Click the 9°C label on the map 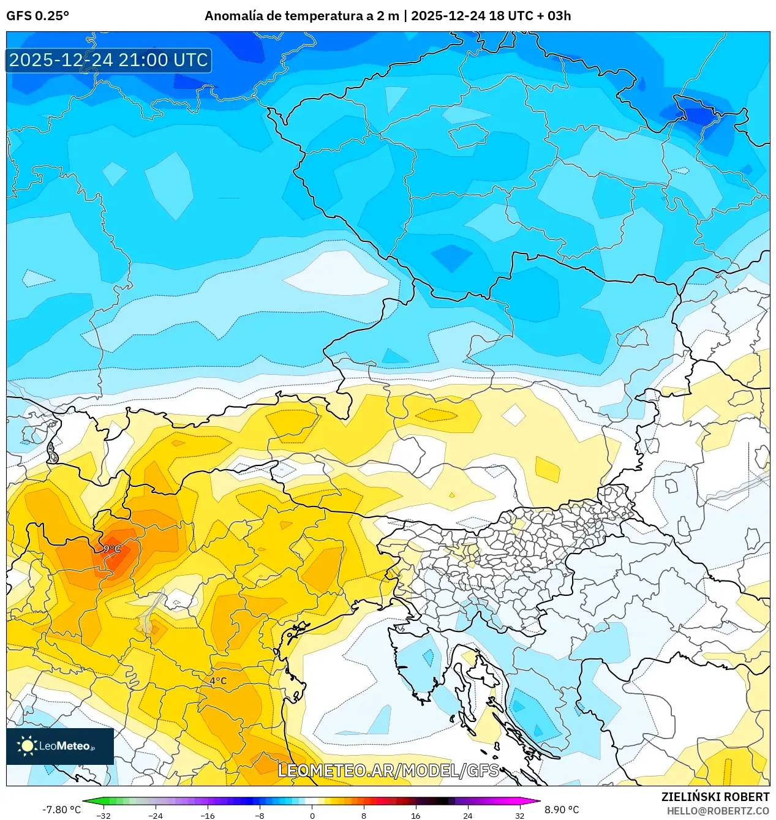(x=112, y=549)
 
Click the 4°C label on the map (x=218, y=681)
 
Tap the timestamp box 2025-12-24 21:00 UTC (x=109, y=60)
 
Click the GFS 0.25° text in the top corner (x=37, y=16)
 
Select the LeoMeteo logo (x=60, y=746)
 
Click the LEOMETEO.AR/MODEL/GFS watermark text (x=388, y=770)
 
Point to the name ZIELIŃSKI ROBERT (x=715, y=797)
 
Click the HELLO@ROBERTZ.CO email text (x=718, y=811)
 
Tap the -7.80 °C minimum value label (x=61, y=810)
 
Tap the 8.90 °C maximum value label (x=562, y=810)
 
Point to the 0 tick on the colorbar (x=312, y=816)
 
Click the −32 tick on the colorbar (x=104, y=816)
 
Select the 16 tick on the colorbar (x=416, y=816)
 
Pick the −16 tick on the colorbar (x=208, y=816)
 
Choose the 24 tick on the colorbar (x=468, y=816)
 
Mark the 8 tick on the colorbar (x=364, y=816)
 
